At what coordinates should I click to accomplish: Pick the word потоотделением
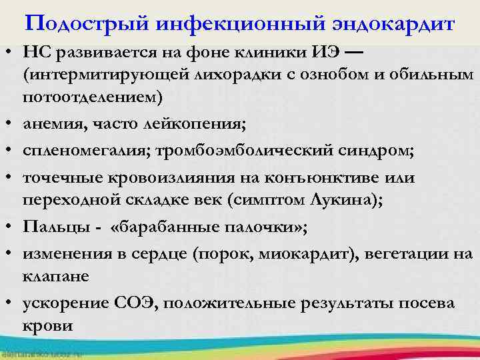point(92,96)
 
